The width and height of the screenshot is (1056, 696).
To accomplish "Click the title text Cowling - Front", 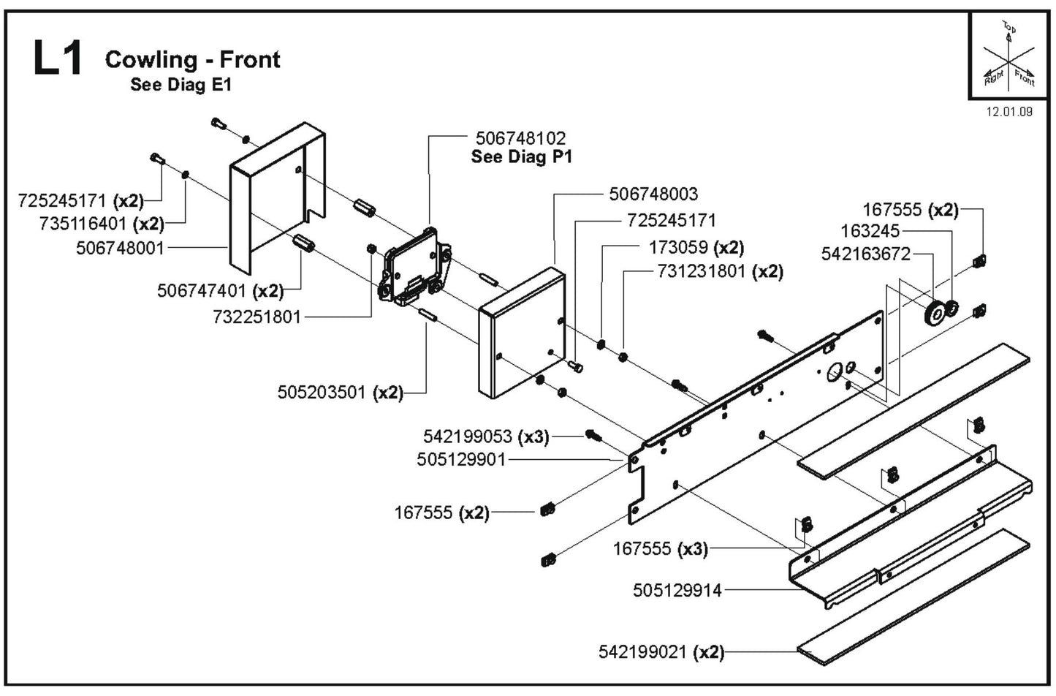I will click(192, 59).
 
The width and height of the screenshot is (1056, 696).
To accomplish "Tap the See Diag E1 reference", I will click(181, 84).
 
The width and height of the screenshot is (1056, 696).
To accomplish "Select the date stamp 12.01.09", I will click(1009, 112).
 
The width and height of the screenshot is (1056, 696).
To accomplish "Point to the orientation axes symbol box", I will click(1008, 57).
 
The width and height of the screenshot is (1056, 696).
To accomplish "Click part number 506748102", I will click(520, 137).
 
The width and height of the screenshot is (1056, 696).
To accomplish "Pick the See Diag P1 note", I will click(521, 156).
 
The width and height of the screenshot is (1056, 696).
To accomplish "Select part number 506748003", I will click(653, 194).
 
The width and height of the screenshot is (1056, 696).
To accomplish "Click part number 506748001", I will click(121, 248).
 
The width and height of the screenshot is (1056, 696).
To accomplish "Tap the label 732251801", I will click(257, 317).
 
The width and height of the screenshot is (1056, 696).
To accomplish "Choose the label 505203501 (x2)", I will click(340, 393).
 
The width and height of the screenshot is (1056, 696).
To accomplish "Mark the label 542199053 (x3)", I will click(485, 436).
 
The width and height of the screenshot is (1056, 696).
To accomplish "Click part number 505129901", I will click(461, 460).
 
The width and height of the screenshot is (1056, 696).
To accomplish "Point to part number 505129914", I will click(677, 589).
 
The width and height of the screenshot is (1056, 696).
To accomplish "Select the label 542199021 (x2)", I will click(661, 651).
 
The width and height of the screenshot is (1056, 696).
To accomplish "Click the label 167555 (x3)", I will click(660, 548).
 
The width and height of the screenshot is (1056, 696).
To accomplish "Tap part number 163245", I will click(870, 231).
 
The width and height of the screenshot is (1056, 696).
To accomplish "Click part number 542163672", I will click(866, 254).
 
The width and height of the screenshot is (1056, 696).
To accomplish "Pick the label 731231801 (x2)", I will click(720, 271).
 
